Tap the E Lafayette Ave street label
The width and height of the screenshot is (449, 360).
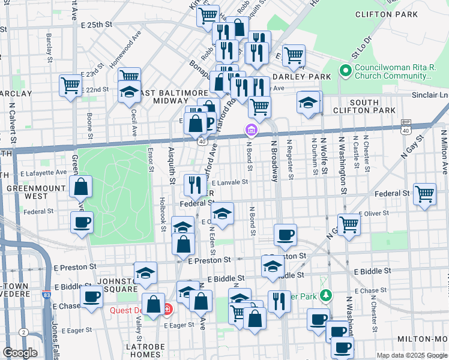click(43, 173)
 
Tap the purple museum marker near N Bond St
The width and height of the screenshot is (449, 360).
click(251, 129)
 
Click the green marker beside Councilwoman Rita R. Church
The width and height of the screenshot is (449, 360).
click(345, 71)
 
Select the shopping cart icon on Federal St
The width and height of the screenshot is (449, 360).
click(424, 194)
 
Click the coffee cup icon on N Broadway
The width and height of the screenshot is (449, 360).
click(286, 234)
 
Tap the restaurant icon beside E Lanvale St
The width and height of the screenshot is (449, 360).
click(194, 185)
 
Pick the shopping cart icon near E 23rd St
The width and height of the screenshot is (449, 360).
click(70, 85)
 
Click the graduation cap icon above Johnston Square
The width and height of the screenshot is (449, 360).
click(145, 273)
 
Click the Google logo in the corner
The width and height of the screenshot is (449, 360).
click(20, 353)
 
